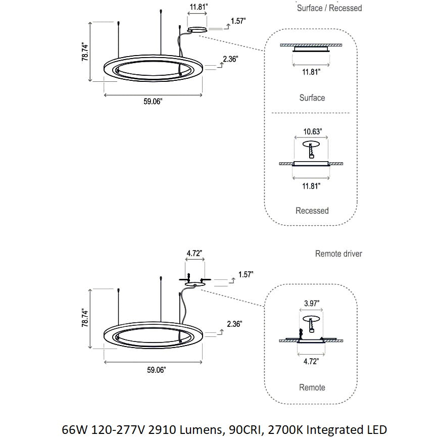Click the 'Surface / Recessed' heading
click(329, 8)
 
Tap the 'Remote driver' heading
click(338, 254)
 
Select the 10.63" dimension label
click(312, 132)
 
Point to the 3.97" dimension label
click(311, 304)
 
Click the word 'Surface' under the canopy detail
click(312, 97)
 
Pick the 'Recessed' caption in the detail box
click(312, 211)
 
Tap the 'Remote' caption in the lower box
click(312, 387)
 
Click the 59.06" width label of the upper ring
click(153, 102)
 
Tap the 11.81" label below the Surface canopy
click(311, 72)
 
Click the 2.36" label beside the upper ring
click(230, 59)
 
